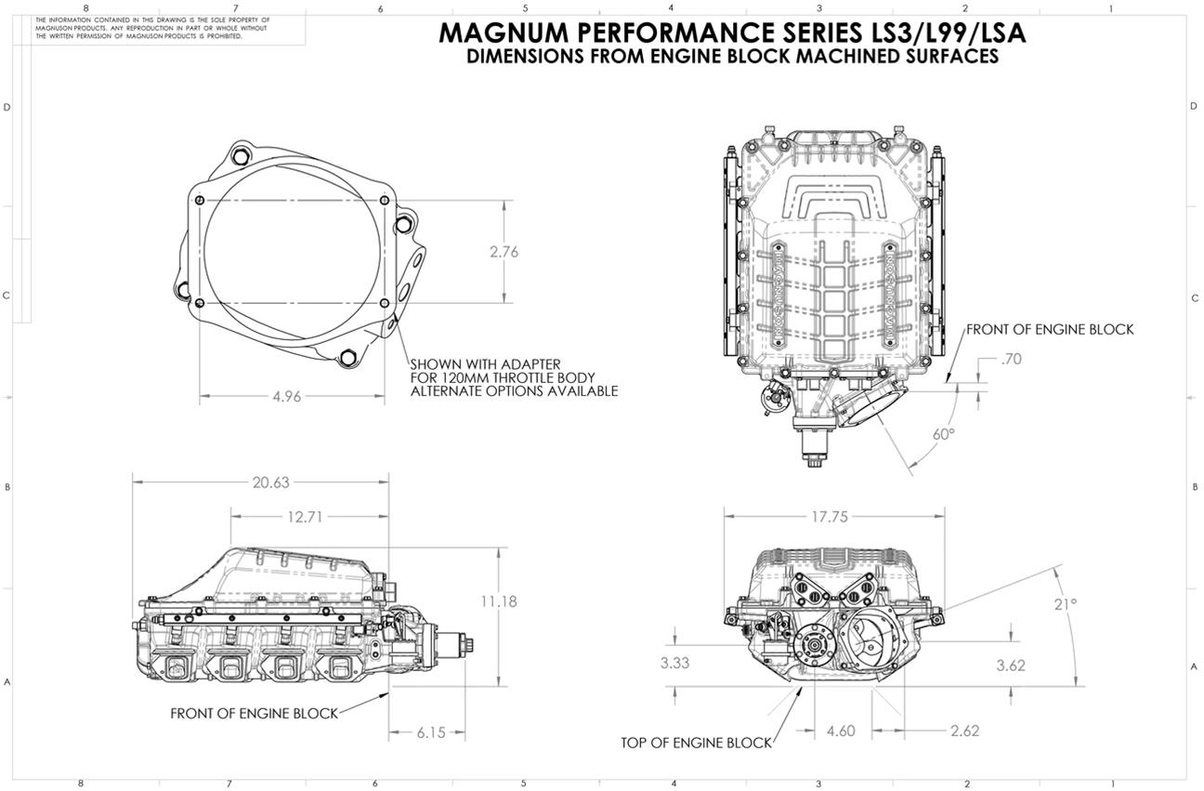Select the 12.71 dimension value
tap(305, 517)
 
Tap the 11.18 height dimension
tap(499, 601)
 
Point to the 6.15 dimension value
tap(431, 732)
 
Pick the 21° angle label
tap(1066, 604)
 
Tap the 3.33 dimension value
tap(675, 664)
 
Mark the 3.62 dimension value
tap(1011, 666)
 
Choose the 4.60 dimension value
tap(840, 732)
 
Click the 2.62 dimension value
tap(964, 732)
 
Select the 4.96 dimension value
tap(286, 397)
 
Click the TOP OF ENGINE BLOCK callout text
tap(696, 744)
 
